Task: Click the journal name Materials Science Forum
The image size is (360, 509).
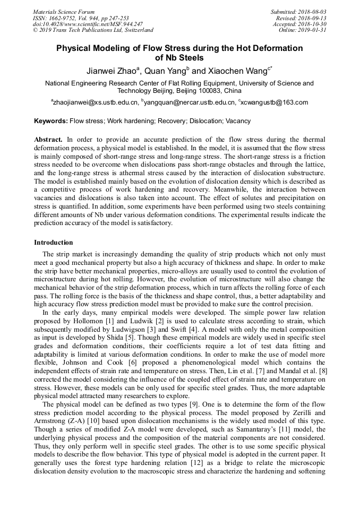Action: click(x=64, y=12)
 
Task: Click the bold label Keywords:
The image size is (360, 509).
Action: click(x=51, y=121)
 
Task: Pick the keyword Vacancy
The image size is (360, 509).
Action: click(x=238, y=121)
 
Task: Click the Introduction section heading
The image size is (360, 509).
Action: click(x=54, y=243)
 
